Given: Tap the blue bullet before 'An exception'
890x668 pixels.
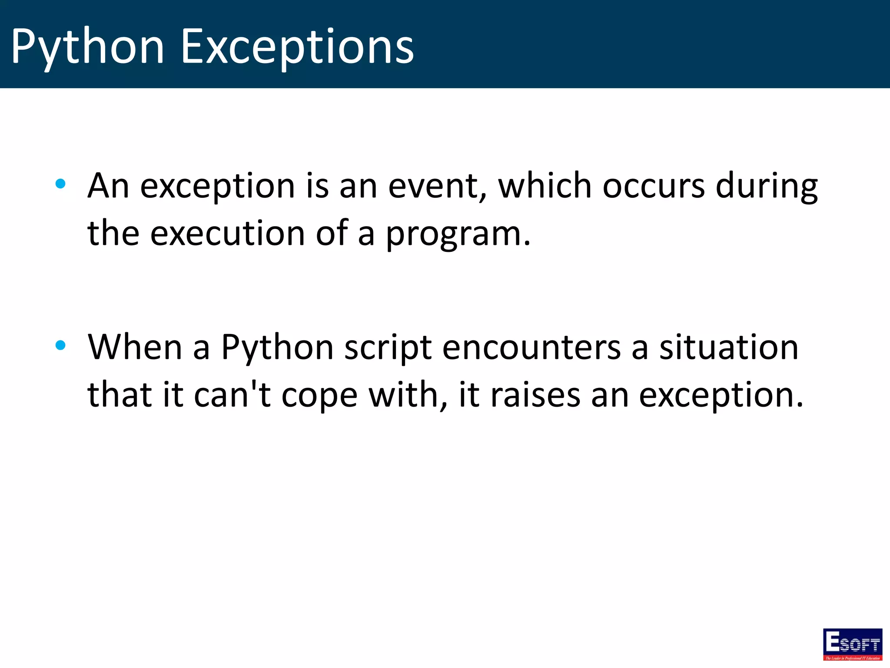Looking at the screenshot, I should click(60, 184).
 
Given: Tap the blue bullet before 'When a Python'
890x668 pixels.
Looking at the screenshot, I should click(60, 345).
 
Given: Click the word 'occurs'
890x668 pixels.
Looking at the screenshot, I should click(654, 186).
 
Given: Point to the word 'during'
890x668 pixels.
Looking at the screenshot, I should click(767, 186).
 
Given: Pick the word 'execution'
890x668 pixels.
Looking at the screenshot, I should click(227, 234).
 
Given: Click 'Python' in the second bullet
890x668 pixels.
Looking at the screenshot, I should click(277, 348).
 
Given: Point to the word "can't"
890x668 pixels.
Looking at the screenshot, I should click(232, 395).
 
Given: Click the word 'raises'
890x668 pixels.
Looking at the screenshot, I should click(535, 395).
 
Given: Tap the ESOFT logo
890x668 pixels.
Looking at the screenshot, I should click(853, 644).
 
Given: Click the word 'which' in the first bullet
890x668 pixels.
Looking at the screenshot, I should click(545, 186).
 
